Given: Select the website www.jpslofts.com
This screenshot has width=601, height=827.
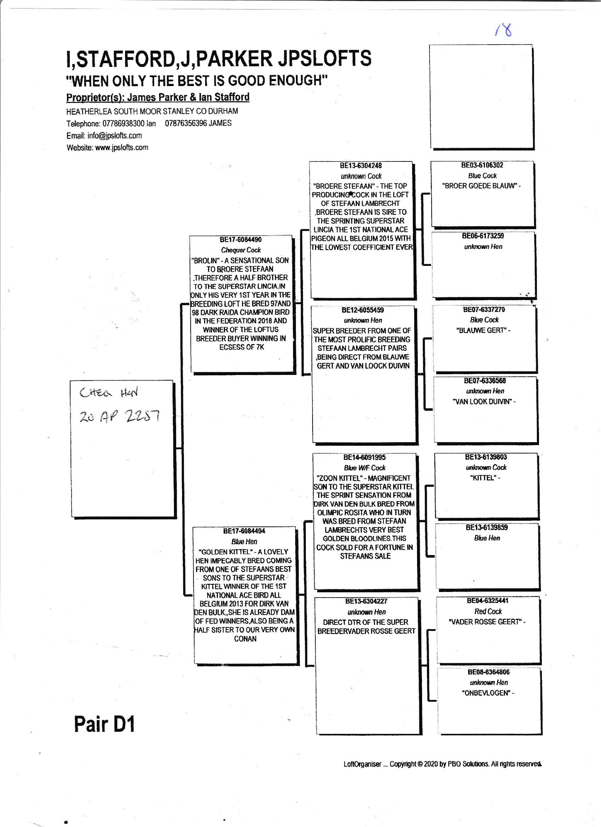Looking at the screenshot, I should click(121, 148).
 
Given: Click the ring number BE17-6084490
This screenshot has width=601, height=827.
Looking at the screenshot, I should click(241, 240).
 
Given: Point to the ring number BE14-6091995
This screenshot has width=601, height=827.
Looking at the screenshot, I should click(364, 457).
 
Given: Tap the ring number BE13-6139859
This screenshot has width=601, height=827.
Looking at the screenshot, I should click(487, 527).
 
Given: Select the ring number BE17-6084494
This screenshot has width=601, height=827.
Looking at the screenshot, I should click(244, 531).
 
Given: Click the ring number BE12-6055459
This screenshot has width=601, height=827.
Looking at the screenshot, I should click(363, 310).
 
